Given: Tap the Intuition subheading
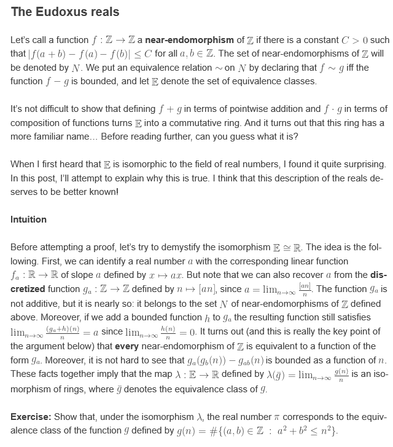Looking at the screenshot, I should pyautogui.click(x=29, y=220).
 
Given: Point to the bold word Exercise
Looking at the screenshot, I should pyautogui.click(x=31, y=417).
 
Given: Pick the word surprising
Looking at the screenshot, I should pyautogui.click(x=358, y=165).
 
